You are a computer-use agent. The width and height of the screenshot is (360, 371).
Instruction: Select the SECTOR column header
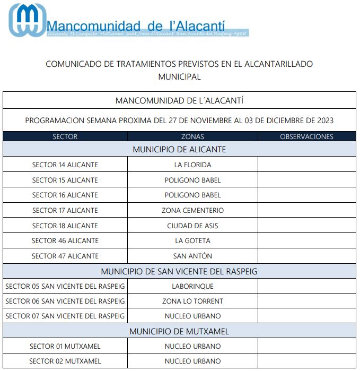point(65,136)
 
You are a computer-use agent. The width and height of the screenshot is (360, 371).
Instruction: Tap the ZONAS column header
point(192,136)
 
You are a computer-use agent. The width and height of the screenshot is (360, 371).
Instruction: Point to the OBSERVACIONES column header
point(306,136)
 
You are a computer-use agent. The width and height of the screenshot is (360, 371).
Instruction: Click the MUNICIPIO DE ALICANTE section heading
point(179,150)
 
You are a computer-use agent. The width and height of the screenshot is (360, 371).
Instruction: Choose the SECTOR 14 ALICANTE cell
point(65,165)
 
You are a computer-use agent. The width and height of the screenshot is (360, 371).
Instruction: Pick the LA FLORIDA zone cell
point(192,165)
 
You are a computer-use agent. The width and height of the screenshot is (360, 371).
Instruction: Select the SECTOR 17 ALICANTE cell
point(65,211)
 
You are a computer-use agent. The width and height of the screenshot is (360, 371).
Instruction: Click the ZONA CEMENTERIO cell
point(192,211)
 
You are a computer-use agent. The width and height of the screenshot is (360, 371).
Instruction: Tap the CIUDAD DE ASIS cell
point(192,226)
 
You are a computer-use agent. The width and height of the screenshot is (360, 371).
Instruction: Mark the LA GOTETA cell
point(192,241)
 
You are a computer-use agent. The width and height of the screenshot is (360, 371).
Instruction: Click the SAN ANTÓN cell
point(192,256)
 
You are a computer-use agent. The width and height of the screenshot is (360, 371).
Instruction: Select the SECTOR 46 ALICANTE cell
point(65,241)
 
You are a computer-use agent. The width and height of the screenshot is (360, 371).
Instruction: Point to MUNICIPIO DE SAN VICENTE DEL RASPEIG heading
point(179,271)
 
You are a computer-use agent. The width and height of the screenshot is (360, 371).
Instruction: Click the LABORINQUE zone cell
point(192,287)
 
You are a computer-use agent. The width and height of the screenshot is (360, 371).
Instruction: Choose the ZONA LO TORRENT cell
point(192,301)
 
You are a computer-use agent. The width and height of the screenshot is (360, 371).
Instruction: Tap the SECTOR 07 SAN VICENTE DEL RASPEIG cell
point(65,316)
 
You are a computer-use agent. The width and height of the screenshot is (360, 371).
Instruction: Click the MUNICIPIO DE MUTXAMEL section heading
point(179,332)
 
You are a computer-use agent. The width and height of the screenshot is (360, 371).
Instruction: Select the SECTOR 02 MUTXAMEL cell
point(65,361)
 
